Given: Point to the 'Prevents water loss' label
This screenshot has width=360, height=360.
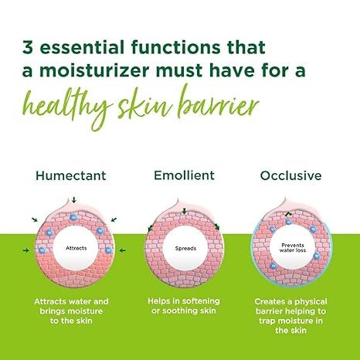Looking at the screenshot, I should [287, 250].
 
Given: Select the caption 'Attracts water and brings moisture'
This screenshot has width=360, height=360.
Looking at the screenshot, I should [73, 306].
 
